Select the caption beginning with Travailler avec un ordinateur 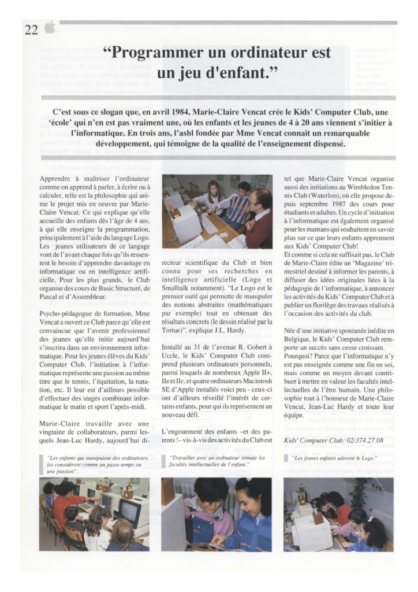217,461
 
